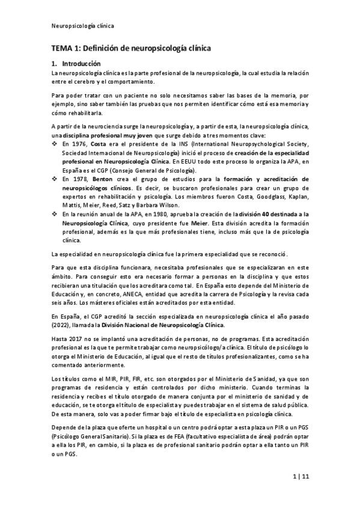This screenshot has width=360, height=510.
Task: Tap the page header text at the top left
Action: [81, 26]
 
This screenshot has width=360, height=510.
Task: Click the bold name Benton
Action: [106, 180]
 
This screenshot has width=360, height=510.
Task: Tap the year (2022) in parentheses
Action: [61, 324]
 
